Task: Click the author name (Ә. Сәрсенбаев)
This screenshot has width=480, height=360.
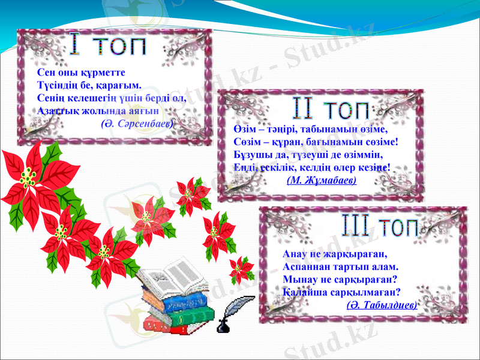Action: coord(137,123)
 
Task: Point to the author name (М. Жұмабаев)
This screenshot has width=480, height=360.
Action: coord(322,179)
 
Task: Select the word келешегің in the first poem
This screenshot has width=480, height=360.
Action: coord(88,98)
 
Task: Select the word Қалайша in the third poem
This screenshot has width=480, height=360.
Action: coord(303,292)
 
